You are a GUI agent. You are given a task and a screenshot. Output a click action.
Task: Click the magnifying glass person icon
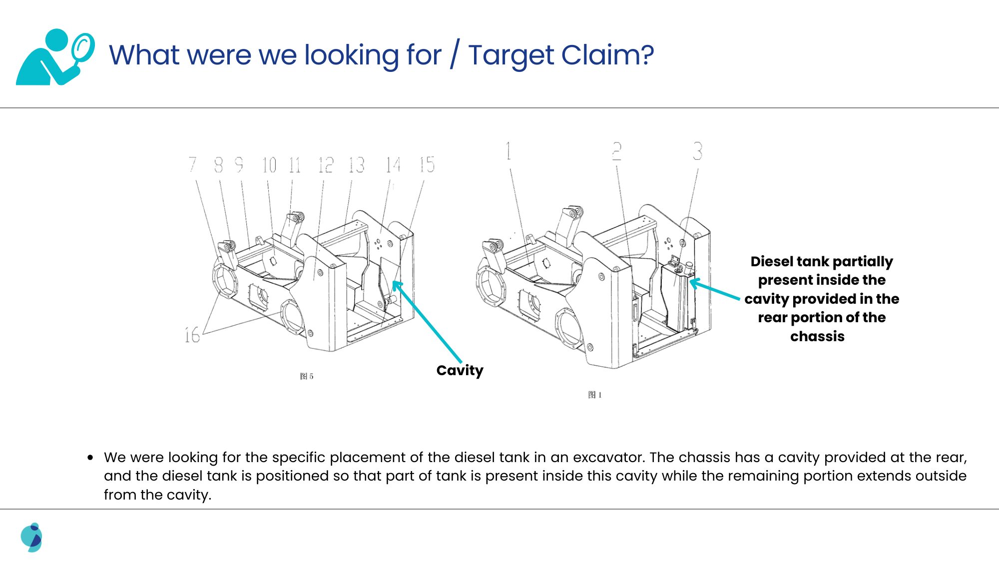[55, 56]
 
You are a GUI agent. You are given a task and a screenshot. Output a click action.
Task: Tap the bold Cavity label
[460, 370]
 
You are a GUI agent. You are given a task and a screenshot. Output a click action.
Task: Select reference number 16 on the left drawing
[192, 334]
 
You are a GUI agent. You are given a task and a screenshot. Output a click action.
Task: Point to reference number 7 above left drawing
[193, 164]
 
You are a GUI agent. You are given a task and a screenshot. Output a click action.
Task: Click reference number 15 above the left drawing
[427, 164]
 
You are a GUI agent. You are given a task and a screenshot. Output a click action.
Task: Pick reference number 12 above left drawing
[326, 164]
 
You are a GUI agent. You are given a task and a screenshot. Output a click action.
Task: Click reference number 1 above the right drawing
[508, 150]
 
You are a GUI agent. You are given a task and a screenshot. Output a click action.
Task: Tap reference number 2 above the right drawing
[617, 151]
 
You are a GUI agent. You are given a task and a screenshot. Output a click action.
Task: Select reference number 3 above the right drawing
[697, 150]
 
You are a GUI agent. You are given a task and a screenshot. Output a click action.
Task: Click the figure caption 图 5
[307, 376]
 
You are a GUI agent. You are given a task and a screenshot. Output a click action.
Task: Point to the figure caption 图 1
[594, 395]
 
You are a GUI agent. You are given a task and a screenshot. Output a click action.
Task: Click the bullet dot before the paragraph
[90, 457]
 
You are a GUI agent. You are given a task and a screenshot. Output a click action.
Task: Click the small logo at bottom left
[31, 537]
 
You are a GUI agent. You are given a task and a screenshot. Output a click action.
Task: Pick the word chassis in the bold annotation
[817, 336]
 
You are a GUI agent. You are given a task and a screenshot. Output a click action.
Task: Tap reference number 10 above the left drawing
[269, 164]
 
